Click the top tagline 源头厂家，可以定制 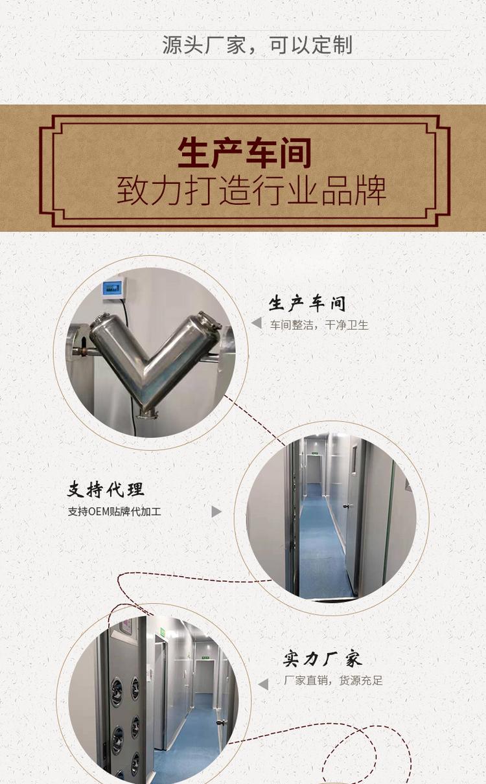click(257, 45)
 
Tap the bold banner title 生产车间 click(244, 154)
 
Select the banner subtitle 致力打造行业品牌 click(251, 190)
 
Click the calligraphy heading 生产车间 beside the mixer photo click(307, 303)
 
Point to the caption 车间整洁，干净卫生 click(319, 325)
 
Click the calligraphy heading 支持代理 click(106, 490)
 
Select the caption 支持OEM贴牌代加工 click(115, 512)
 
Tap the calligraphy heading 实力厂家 click(323, 659)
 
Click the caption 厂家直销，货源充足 click(333, 681)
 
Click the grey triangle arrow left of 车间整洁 click(257, 323)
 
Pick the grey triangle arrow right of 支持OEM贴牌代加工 click(216, 512)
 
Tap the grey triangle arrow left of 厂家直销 click(263, 684)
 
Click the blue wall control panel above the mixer click(113, 288)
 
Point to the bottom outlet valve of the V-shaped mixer click(148, 413)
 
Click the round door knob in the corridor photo click(347, 506)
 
